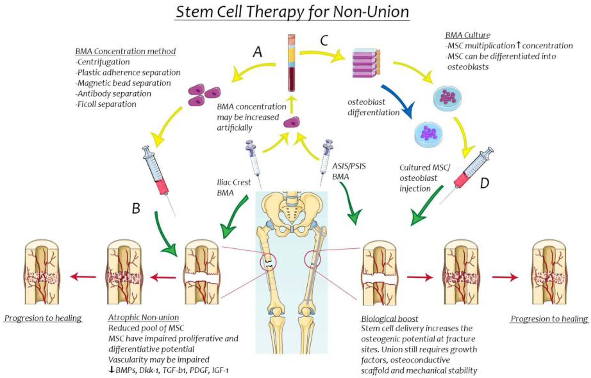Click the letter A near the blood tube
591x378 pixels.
point(257,52)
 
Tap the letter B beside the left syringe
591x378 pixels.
point(136,208)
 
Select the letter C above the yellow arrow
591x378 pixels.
point(324,41)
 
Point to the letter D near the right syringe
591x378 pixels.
point(485,183)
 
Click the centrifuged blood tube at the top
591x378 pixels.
point(292,63)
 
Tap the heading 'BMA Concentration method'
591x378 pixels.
point(125,51)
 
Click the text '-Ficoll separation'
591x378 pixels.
point(105,104)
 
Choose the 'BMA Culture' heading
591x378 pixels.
point(468,35)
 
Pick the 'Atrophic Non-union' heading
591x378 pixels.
point(144,318)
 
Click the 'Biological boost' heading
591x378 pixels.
point(390,319)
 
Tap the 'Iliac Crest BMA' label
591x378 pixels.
point(234,188)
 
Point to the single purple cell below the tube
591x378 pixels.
point(292,122)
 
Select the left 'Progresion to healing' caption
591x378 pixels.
point(43,318)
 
